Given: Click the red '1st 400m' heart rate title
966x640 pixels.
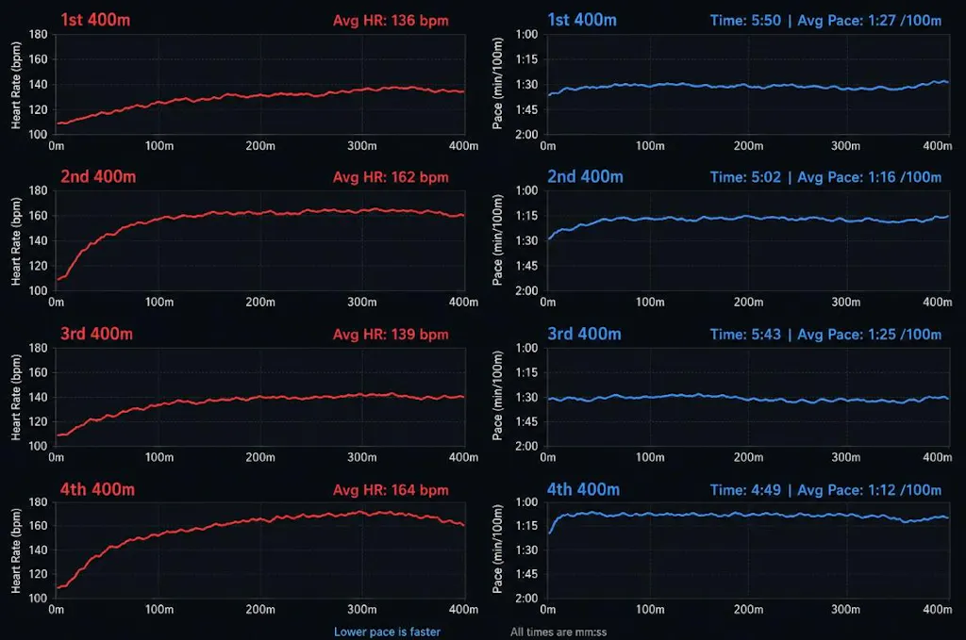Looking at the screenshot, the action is [95, 21].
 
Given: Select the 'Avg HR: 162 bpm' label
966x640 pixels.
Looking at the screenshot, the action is [391, 177].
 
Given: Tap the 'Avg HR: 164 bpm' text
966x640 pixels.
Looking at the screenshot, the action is [391, 490].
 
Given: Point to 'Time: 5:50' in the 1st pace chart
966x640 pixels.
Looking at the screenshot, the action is [745, 21].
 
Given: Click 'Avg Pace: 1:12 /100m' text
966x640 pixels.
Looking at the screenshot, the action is [869, 490].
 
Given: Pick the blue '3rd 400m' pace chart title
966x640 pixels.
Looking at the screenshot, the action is [584, 335].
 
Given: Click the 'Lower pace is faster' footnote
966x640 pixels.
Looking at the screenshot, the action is [387, 632].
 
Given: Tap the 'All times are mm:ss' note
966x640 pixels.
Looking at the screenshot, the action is [558, 632].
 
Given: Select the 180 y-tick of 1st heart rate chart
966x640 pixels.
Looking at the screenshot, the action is [38, 35].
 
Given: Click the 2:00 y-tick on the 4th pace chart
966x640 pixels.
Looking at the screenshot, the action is [526, 599].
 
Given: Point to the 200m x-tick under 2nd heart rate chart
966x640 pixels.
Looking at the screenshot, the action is [260, 303].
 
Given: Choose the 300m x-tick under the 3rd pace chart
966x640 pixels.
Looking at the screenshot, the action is [846, 457].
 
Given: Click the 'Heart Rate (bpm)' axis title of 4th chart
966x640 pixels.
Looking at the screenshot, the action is [16, 550].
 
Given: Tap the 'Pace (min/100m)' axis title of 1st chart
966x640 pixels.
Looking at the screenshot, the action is [497, 84].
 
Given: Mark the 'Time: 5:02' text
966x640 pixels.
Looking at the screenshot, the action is [745, 177].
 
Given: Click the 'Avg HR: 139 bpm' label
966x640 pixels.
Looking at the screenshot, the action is [391, 335].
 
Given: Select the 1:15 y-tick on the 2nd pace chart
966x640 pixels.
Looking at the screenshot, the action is [526, 216].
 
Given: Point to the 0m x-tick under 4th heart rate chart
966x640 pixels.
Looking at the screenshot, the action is [56, 610].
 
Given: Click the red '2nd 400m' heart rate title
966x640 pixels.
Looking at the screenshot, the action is [98, 177].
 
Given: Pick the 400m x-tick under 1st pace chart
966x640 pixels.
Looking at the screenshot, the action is [937, 146].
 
